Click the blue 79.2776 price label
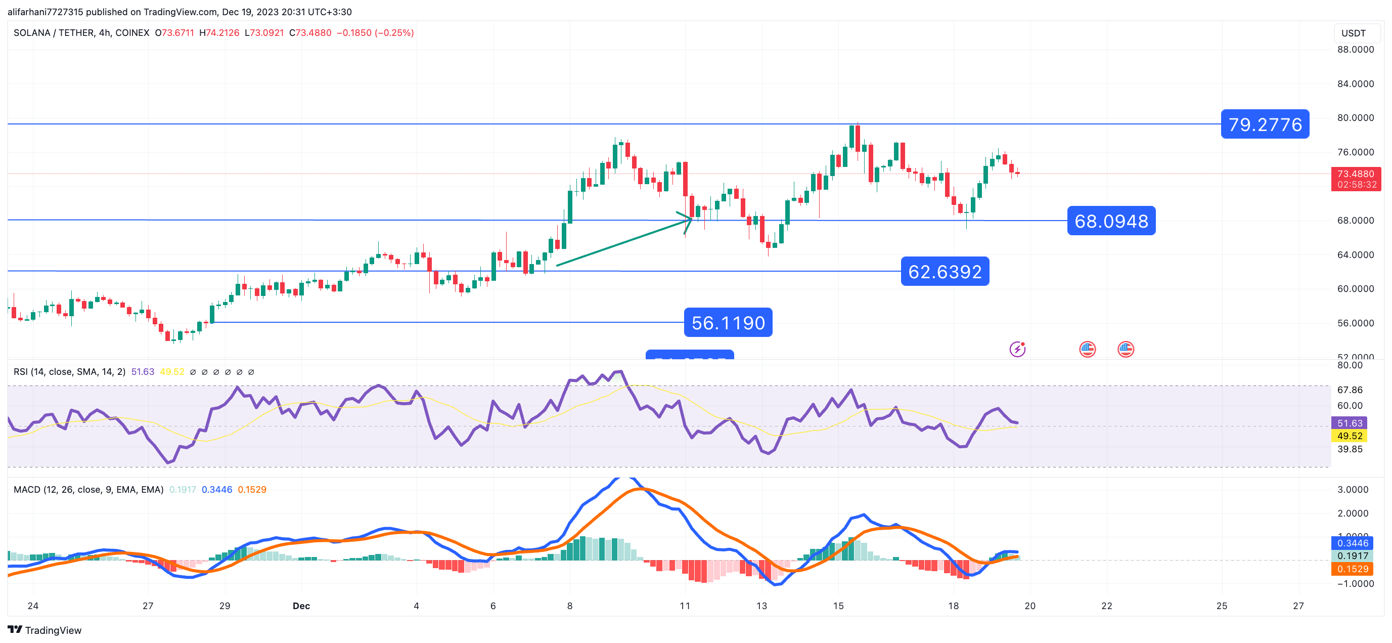(1265, 124)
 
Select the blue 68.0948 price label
(1111, 221)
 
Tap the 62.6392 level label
(945, 272)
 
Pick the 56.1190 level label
(728, 323)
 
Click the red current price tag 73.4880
(1355, 174)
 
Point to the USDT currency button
(1353, 33)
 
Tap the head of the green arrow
(689, 218)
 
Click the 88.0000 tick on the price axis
(1355, 49)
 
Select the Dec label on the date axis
(301, 606)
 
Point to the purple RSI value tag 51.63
(1350, 423)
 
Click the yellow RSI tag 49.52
(1350, 436)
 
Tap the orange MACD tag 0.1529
(1352, 569)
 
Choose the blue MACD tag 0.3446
(1352, 543)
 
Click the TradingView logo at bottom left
(44, 630)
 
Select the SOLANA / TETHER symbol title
(81, 33)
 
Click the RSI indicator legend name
(69, 372)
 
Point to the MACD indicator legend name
(88, 489)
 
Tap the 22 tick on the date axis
(1107, 606)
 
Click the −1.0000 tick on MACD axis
(1355, 583)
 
